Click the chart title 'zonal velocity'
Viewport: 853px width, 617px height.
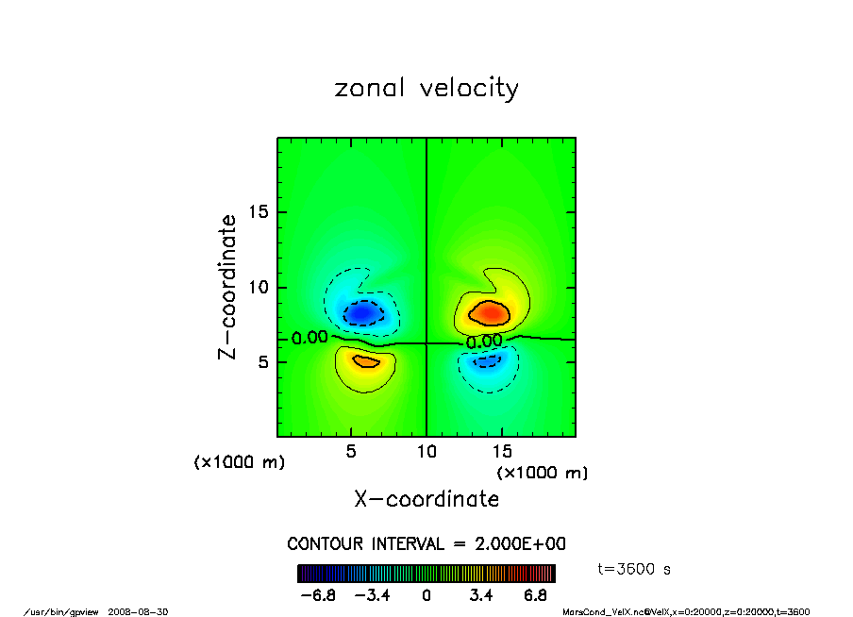(x=426, y=89)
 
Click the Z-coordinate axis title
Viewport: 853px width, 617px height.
(x=228, y=287)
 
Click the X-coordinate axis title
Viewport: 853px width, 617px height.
(x=426, y=499)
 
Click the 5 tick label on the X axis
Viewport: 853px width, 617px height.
(x=351, y=451)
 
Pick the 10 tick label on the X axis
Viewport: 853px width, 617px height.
(x=426, y=451)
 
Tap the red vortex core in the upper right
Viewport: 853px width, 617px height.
(x=490, y=310)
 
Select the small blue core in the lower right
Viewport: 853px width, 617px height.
(x=488, y=360)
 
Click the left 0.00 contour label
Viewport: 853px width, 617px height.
(x=309, y=338)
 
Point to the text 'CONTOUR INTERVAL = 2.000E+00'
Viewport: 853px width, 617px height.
(x=426, y=544)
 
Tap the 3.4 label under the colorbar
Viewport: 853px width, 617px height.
(x=481, y=595)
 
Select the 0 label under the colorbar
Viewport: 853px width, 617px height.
(x=426, y=595)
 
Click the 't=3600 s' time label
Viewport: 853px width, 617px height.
(x=635, y=569)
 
